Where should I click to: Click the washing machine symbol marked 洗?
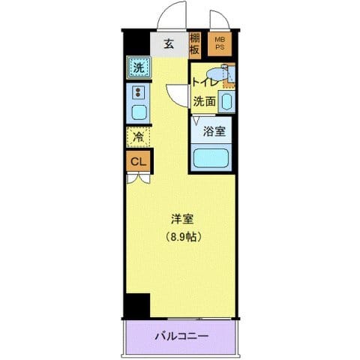[139, 67]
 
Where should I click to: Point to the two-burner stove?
[139, 92]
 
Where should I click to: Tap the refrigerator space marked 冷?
[139, 136]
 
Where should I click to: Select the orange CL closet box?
[139, 160]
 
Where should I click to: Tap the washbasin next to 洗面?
[226, 100]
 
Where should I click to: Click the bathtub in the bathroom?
[211, 157]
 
